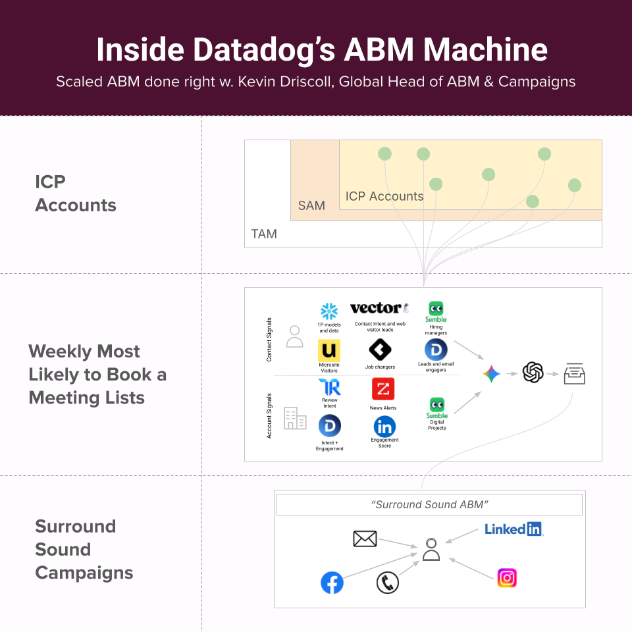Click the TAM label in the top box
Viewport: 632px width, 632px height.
[x=264, y=234]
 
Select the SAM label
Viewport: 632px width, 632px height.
[x=311, y=205]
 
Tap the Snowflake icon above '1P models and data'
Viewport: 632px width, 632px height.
[x=329, y=311]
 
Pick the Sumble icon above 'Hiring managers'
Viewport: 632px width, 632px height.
[x=436, y=309]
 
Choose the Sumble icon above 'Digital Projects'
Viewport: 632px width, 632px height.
[x=436, y=405]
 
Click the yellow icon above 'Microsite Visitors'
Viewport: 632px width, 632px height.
[x=329, y=350]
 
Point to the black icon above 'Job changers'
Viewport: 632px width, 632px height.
[x=380, y=350]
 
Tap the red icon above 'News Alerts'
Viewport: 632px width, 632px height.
[x=383, y=389]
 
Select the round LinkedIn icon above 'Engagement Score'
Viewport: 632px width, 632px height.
[x=384, y=427]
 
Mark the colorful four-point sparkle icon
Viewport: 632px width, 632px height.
[x=491, y=375]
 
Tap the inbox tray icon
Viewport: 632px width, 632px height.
[x=574, y=375]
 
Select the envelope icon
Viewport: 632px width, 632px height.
[x=365, y=539]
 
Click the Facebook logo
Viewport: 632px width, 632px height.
[x=332, y=583]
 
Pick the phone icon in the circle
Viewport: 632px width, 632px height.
[x=388, y=583]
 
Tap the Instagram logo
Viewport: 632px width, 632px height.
[x=507, y=578]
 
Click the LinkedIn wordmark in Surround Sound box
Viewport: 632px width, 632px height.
[x=513, y=529]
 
